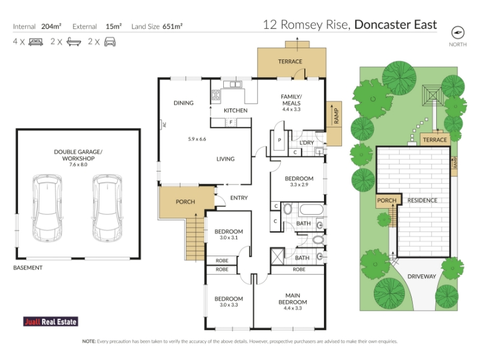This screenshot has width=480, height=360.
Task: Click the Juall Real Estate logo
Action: (x=50, y=322)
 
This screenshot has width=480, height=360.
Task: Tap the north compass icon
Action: (x=458, y=33)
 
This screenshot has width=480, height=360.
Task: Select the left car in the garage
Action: (x=47, y=208)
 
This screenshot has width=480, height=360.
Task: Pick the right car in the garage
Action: (x=107, y=208)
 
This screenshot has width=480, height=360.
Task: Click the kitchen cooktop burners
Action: (x=216, y=95)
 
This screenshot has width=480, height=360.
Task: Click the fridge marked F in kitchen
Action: (x=231, y=123)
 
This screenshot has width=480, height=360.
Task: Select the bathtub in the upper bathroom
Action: (x=311, y=209)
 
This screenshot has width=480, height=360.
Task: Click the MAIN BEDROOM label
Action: (x=293, y=299)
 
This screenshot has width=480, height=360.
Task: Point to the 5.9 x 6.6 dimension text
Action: (x=197, y=139)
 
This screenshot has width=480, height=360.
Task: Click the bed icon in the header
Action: (x=35, y=42)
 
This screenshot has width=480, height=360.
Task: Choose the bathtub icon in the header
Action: (x=74, y=42)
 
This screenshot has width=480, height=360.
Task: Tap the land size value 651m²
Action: (x=172, y=26)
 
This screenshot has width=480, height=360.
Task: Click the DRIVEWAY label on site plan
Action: (x=422, y=277)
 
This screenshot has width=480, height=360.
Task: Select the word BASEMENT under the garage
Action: (x=28, y=268)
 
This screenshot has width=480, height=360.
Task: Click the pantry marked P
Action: (x=279, y=140)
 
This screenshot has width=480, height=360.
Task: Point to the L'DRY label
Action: (x=307, y=143)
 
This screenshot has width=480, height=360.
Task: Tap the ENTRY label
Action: (x=239, y=198)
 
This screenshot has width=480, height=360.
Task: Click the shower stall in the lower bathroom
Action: (x=278, y=256)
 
